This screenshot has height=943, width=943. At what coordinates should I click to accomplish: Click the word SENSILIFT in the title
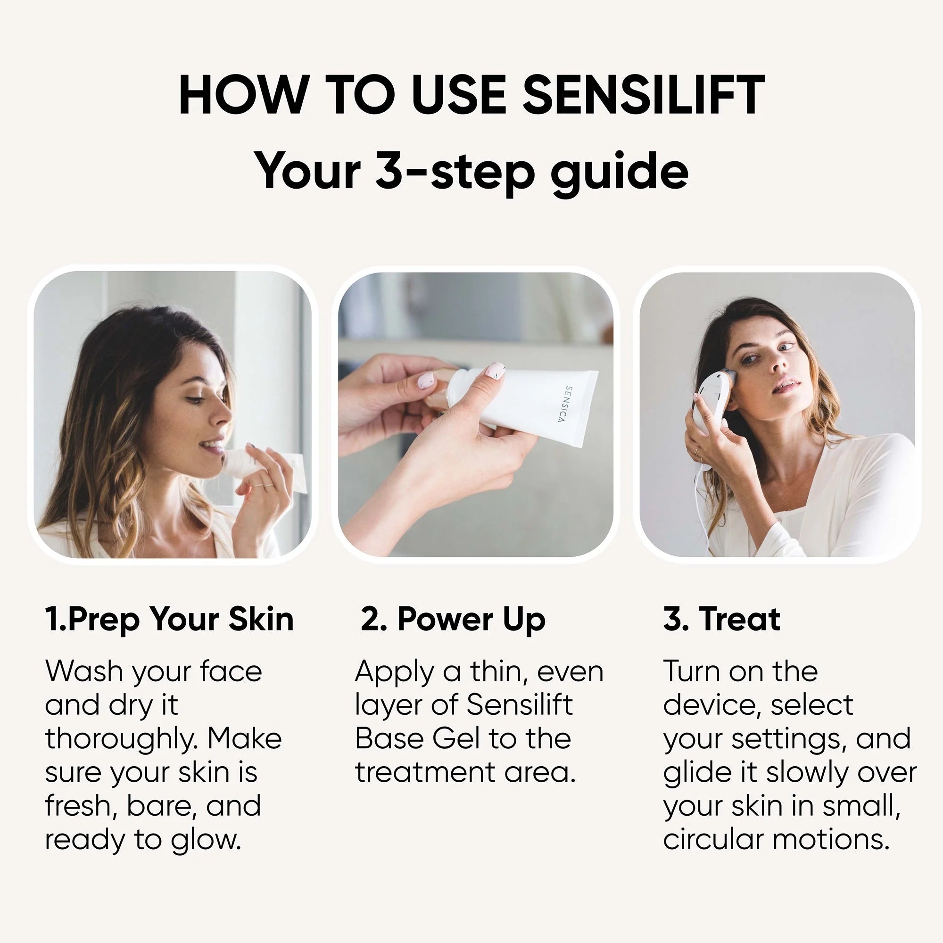point(643,95)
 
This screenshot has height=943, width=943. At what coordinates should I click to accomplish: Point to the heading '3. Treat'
point(721,619)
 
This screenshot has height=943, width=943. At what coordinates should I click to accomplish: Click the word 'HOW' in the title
point(244,95)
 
